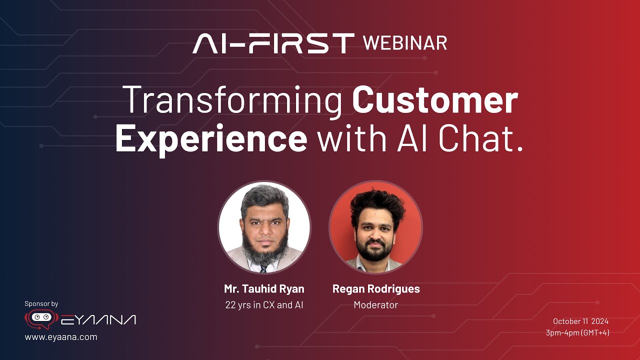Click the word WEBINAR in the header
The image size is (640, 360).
[x=405, y=43]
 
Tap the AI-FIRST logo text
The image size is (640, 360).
[x=273, y=43]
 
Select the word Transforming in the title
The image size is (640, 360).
[x=232, y=100]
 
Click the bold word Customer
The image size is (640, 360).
[x=435, y=99]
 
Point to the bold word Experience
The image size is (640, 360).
[x=211, y=139]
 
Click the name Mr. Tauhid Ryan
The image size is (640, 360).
[x=264, y=288]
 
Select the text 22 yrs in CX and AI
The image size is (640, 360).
[x=264, y=305]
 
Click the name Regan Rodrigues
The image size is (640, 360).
[x=376, y=289]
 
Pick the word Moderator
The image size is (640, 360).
[x=376, y=305]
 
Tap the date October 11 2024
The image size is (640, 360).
[x=580, y=321]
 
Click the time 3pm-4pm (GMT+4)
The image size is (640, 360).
[x=577, y=333]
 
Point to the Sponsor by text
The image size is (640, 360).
[x=41, y=303]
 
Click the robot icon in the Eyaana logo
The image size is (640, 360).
[x=41, y=319]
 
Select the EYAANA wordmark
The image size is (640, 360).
[x=98, y=320]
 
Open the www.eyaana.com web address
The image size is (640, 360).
[x=61, y=337]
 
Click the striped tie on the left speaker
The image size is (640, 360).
[x=263, y=269]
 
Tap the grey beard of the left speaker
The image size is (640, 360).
[x=265, y=250]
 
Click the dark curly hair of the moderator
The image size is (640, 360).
[x=376, y=204]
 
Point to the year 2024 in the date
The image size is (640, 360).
[x=600, y=321]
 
